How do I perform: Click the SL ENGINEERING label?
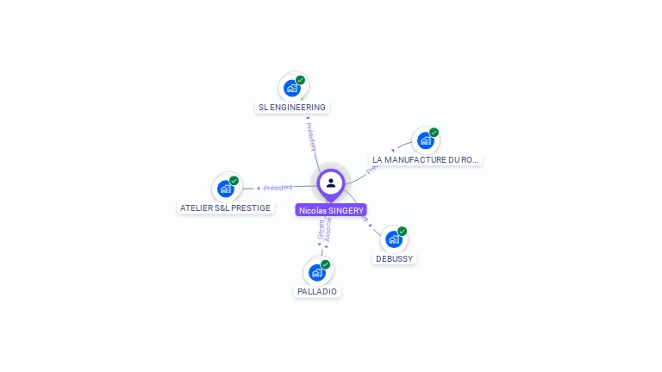click(x=292, y=108)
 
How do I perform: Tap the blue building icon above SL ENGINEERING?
click(x=292, y=88)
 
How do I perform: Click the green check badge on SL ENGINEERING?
click(x=300, y=80)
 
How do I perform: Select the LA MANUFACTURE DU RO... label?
click(x=425, y=160)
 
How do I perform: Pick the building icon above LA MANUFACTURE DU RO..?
click(x=425, y=140)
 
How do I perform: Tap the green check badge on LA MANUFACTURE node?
click(x=434, y=133)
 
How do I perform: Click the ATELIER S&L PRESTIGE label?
click(x=225, y=208)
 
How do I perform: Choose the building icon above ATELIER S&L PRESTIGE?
click(x=226, y=189)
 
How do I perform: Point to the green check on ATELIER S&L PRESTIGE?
click(x=234, y=181)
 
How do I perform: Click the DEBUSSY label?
click(x=395, y=258)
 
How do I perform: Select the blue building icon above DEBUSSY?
click(x=394, y=239)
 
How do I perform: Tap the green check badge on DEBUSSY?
click(x=402, y=232)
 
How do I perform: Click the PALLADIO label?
click(x=317, y=292)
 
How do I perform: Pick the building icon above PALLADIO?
click(x=317, y=272)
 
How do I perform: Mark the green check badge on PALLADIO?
click(x=325, y=264)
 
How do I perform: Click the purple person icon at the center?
click(x=331, y=183)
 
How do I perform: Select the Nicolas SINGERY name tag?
click(x=331, y=210)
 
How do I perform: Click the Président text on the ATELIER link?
click(x=278, y=187)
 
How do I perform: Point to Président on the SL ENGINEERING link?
click(x=311, y=136)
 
